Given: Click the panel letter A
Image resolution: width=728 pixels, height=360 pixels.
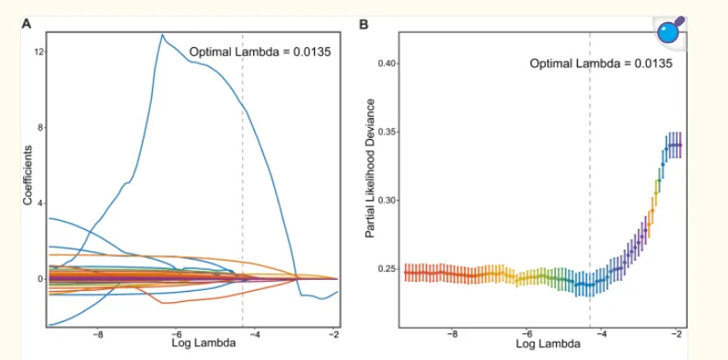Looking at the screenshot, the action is click(27, 24).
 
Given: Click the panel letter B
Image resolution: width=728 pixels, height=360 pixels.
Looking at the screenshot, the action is click(364, 24).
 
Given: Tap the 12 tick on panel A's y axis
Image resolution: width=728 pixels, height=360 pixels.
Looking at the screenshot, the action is click(39, 52).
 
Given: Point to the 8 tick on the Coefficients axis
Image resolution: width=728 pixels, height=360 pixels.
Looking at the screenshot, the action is click(40, 128).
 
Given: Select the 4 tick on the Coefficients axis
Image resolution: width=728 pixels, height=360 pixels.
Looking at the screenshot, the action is click(40, 203).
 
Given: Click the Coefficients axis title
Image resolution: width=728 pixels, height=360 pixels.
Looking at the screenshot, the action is click(28, 176).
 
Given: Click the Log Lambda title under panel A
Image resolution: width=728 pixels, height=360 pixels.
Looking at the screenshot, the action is click(203, 343).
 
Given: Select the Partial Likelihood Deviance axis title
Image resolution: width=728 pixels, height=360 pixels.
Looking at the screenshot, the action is click(370, 175).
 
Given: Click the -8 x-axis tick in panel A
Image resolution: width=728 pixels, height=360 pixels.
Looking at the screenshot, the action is click(98, 334).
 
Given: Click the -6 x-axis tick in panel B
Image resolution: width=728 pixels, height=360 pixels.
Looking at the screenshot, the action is click(526, 334).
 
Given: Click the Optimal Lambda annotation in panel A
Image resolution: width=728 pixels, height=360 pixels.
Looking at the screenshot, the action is click(260, 52).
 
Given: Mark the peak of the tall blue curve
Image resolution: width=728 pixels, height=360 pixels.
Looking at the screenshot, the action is click(162, 34).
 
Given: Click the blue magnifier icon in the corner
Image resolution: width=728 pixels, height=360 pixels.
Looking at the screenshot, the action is click(669, 32).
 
